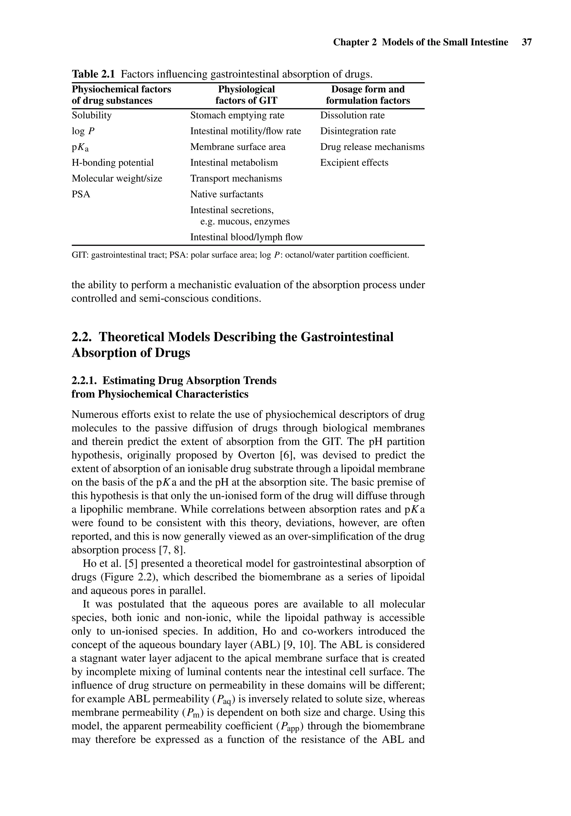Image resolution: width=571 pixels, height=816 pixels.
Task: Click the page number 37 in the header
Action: pos(527,42)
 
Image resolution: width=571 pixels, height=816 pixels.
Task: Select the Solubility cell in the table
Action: pos(92,115)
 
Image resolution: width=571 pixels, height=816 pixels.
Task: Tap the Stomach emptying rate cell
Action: pos(237,115)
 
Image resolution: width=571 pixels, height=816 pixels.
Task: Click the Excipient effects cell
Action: pos(354,163)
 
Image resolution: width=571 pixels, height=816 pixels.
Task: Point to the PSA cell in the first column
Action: pos(81,194)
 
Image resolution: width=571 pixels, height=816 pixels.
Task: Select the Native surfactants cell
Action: pos(226,194)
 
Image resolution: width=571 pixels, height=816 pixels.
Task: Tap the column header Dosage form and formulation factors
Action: pos(368,95)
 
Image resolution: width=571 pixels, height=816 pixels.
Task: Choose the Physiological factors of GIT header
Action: pos(246,95)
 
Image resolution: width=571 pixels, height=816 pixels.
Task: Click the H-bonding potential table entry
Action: pos(113,163)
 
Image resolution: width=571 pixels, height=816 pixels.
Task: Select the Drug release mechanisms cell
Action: pos(372,147)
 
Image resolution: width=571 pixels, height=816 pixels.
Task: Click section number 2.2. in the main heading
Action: pos(83,337)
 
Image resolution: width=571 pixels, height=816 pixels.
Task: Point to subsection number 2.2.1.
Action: pos(85,381)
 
